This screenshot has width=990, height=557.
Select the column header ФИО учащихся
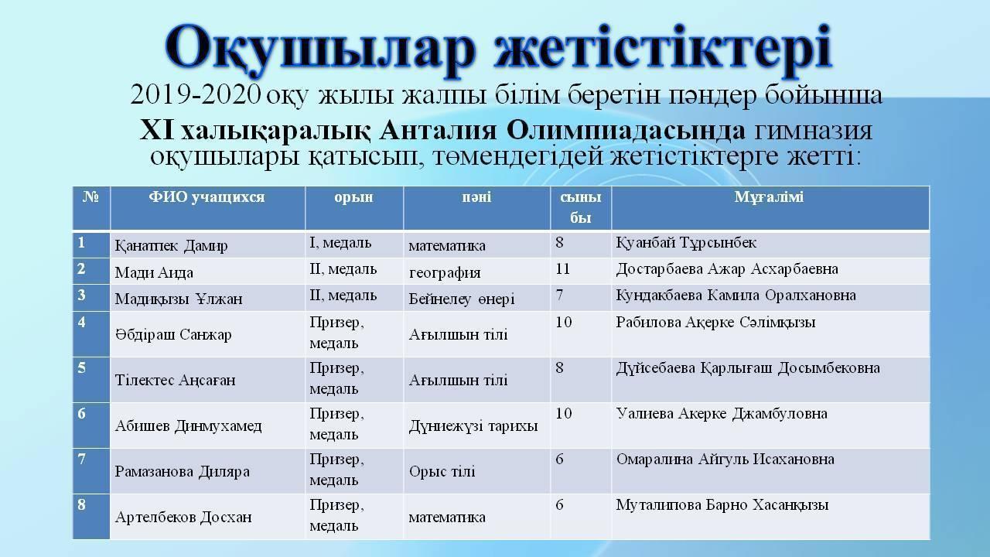point(207,197)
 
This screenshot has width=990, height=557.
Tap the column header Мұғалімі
point(769,197)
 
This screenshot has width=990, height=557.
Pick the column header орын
point(353,197)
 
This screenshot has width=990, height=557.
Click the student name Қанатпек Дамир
point(171,246)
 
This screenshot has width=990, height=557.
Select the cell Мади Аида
point(154,272)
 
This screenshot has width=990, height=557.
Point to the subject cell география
point(445,272)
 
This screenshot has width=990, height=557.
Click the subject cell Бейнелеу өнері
point(462,299)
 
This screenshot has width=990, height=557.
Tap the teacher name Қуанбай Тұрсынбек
point(685,243)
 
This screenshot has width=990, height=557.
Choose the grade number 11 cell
point(564,269)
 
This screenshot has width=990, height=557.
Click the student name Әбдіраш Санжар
point(173,334)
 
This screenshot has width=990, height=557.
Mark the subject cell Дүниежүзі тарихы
point(473,425)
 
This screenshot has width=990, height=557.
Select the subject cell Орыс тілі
point(442,471)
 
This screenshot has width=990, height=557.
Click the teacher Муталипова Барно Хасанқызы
point(722,505)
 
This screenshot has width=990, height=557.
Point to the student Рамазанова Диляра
point(182,471)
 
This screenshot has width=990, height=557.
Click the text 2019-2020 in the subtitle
point(196,96)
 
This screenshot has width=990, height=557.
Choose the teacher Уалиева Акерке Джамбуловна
point(722,414)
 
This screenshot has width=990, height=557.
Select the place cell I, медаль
point(340,243)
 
